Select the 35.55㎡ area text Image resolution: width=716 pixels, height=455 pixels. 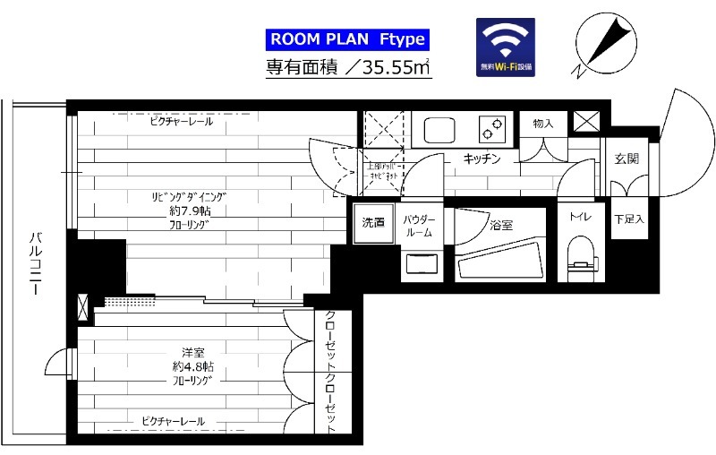click(x=390, y=67)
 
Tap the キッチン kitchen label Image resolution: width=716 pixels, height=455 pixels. click(x=481, y=159)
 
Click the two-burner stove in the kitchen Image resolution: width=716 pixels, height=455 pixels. click(x=491, y=130)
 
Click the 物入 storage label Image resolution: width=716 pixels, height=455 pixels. click(x=543, y=123)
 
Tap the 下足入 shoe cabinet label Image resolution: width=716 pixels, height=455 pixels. click(x=629, y=219)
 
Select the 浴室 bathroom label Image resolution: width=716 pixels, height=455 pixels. click(x=501, y=226)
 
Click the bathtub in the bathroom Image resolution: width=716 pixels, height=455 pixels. click(x=501, y=259)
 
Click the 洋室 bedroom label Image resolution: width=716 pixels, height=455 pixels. click(x=193, y=351)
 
